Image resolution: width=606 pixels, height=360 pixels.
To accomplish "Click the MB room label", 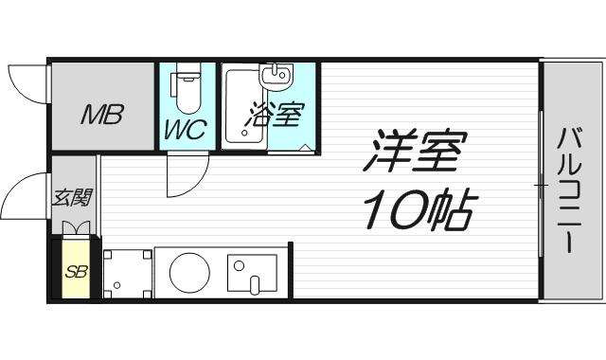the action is (x=99, y=117).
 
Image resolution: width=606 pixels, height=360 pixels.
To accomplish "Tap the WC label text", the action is (x=187, y=130).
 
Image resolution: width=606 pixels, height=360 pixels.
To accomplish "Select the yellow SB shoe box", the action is (x=75, y=271).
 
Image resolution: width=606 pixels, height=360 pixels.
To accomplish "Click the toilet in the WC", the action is (x=187, y=90).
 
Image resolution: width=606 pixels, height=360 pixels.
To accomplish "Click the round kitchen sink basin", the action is (x=188, y=272).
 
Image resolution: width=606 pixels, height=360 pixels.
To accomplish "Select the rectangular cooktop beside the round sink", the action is (x=252, y=272).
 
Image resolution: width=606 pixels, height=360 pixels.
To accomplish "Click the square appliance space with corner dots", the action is (x=127, y=272).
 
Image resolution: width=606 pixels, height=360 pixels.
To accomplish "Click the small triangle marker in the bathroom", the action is (x=305, y=146).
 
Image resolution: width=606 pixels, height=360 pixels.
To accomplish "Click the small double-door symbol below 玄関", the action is (x=76, y=227).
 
